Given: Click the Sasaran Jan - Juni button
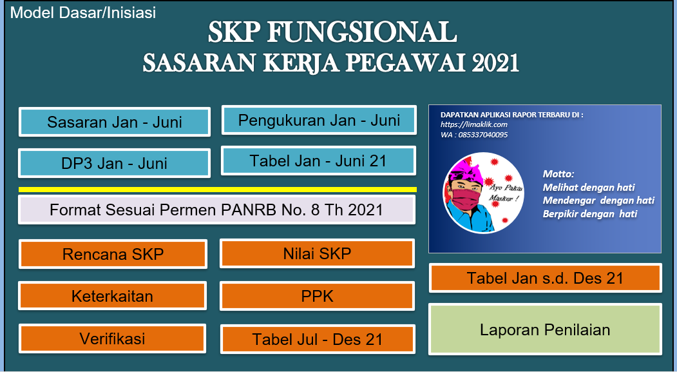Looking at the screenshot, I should [x=115, y=122].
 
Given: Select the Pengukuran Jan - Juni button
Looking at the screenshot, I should [x=319, y=120].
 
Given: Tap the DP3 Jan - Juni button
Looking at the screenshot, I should [x=114, y=163].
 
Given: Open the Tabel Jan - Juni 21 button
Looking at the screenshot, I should [x=318, y=161].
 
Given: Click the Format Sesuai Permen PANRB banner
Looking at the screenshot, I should [x=216, y=210].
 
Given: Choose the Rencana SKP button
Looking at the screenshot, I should [x=113, y=254].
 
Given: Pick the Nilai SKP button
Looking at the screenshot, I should [x=317, y=253].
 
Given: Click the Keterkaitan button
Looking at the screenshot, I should [x=112, y=296].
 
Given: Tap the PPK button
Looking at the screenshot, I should [x=317, y=296].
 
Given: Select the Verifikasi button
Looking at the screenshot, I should [x=112, y=338].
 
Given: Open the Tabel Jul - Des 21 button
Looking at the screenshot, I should [x=317, y=339].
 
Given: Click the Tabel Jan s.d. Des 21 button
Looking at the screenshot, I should [x=545, y=278].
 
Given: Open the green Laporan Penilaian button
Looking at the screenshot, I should [x=545, y=330].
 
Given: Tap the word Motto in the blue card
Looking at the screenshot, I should [x=558, y=174].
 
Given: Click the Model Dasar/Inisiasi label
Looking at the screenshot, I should [x=83, y=12].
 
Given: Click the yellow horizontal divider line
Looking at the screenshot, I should [x=217, y=189].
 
